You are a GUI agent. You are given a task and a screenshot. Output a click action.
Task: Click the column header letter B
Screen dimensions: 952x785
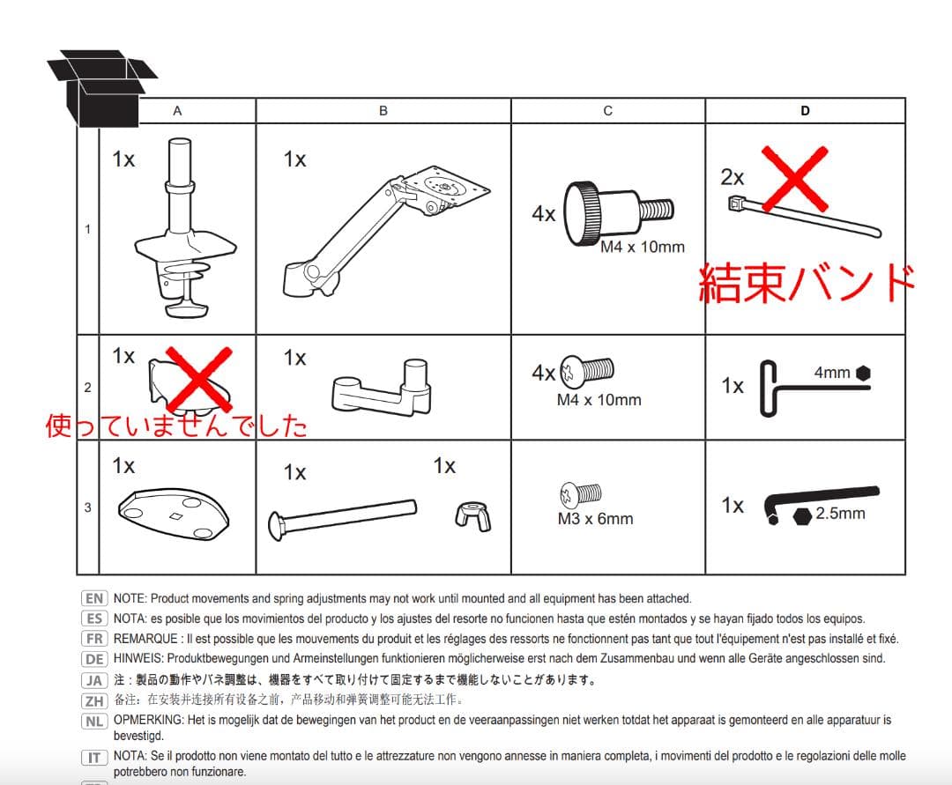click(383, 111)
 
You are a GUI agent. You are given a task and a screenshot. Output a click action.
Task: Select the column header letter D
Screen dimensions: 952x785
click(805, 111)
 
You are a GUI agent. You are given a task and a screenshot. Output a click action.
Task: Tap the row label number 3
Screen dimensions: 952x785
click(87, 507)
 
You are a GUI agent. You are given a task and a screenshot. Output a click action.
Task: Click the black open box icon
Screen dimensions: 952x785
click(100, 88)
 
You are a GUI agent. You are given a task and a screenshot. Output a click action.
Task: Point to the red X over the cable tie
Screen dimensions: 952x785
click(795, 178)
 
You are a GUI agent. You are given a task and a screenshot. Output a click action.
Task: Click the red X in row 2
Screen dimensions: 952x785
click(199, 379)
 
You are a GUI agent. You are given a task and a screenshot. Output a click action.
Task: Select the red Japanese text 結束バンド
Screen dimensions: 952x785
click(807, 283)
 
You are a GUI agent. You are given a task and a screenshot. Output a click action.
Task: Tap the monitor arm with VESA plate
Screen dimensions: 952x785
click(386, 231)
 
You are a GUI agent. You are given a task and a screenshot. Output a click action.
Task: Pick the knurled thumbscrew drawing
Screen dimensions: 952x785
click(618, 213)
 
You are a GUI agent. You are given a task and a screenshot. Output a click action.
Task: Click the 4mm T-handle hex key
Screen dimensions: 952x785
click(814, 389)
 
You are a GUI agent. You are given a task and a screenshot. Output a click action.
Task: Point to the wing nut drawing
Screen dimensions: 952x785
click(472, 515)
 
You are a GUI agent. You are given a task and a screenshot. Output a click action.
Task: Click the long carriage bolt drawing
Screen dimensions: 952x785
click(342, 519)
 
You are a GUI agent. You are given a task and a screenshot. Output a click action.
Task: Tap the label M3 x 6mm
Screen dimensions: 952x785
click(595, 519)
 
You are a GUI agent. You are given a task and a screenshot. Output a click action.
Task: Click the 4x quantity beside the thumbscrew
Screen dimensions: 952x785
click(543, 213)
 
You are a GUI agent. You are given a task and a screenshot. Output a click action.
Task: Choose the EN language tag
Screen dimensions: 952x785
click(94, 599)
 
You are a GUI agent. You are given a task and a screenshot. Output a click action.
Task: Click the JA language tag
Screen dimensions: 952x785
click(94, 680)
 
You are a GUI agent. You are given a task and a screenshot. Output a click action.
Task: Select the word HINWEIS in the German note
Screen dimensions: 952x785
click(138, 658)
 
